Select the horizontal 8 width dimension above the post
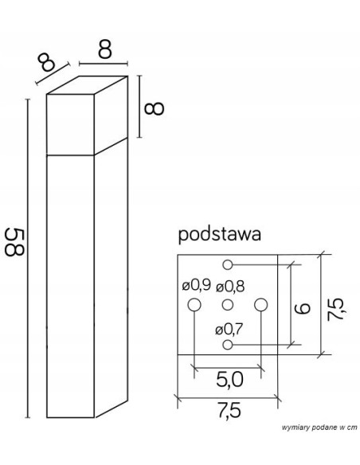104,49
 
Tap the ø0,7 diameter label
229,328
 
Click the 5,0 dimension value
228,381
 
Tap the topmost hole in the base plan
228,264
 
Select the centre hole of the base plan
228,304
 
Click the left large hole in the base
194,304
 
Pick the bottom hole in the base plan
228,345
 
